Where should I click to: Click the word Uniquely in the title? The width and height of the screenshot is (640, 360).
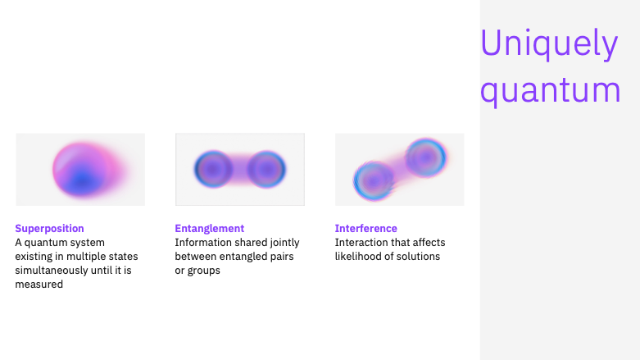coord(549,43)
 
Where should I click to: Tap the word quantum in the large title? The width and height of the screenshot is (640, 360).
coord(550,90)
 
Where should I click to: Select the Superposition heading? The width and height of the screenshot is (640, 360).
coord(49,229)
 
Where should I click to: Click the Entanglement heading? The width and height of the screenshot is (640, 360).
coord(210,229)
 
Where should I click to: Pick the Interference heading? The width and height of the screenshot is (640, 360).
coord(366,229)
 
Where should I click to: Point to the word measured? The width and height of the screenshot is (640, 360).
coord(39,285)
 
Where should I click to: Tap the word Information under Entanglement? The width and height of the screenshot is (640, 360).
coord(201,243)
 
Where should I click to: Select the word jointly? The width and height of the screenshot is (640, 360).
coord(285,243)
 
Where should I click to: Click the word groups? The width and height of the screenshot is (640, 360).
coord(204,271)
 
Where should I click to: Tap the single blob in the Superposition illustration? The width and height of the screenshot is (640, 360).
coord(88,170)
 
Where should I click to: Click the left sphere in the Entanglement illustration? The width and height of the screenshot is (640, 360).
coord(213,169)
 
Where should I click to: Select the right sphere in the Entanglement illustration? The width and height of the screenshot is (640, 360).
coord(266,169)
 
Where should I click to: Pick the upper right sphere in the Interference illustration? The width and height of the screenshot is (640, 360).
coord(426,157)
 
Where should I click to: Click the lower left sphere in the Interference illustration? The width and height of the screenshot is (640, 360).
coord(374,180)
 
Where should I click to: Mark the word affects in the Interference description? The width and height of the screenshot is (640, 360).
coord(429,243)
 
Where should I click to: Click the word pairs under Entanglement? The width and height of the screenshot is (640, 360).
coord(283,257)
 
